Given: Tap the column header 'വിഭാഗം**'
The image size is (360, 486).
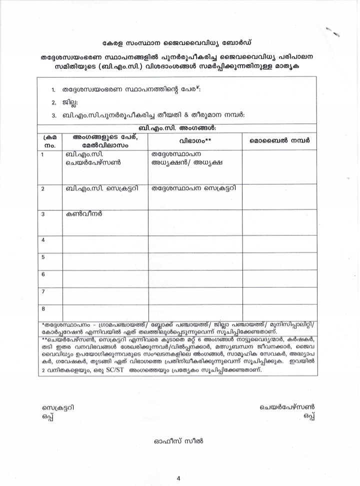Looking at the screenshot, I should coord(195,141).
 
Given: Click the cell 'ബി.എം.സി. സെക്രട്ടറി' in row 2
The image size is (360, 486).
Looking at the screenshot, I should coord(105,189).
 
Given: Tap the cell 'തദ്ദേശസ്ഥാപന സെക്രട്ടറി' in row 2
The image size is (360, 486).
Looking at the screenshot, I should coord(194,189).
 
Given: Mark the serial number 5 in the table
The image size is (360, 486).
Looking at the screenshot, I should coord(43,257).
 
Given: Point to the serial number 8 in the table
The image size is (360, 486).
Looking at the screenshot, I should coord(43,308).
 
